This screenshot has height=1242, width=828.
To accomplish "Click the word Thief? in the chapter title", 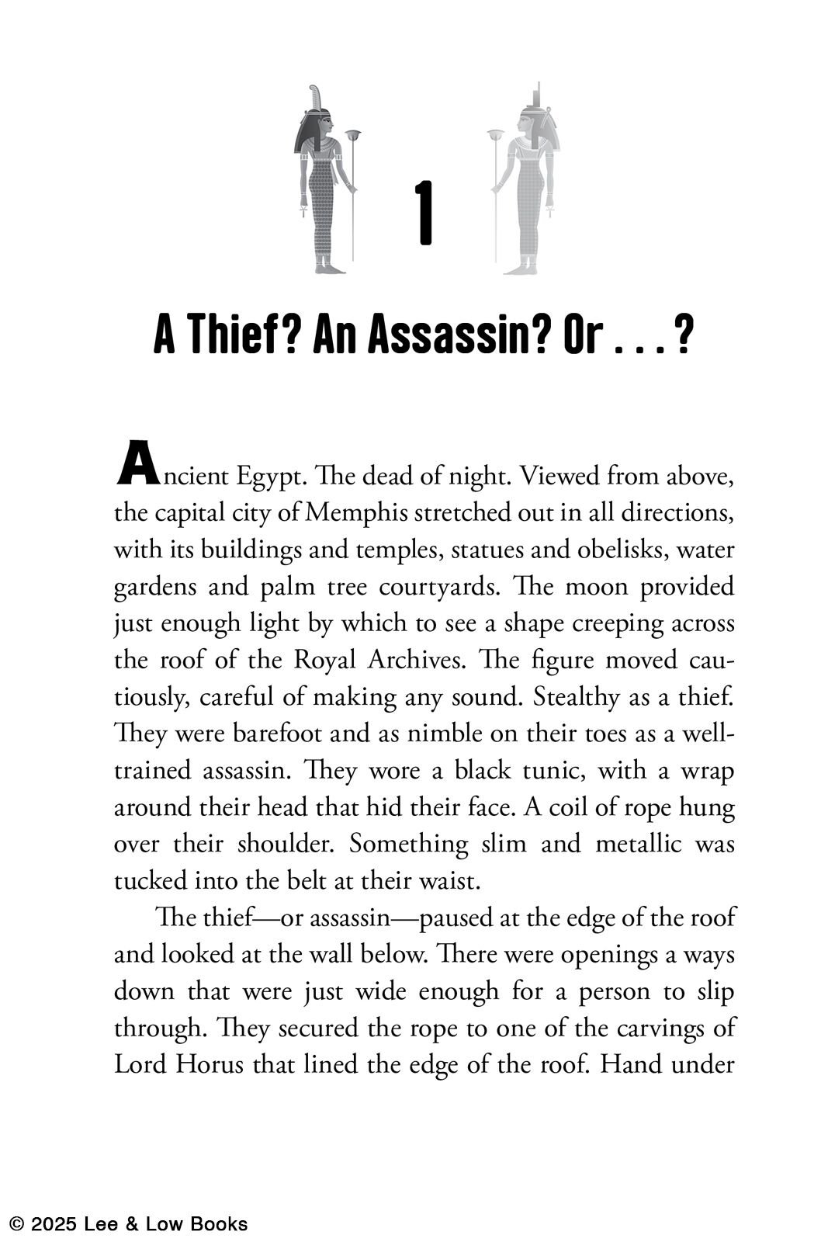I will [x=240, y=335].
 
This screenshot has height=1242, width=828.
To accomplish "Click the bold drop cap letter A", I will [x=137, y=463].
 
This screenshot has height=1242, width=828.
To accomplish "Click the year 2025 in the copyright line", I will [x=52, y=1225].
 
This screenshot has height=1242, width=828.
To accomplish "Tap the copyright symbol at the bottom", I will [x=16, y=1225].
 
